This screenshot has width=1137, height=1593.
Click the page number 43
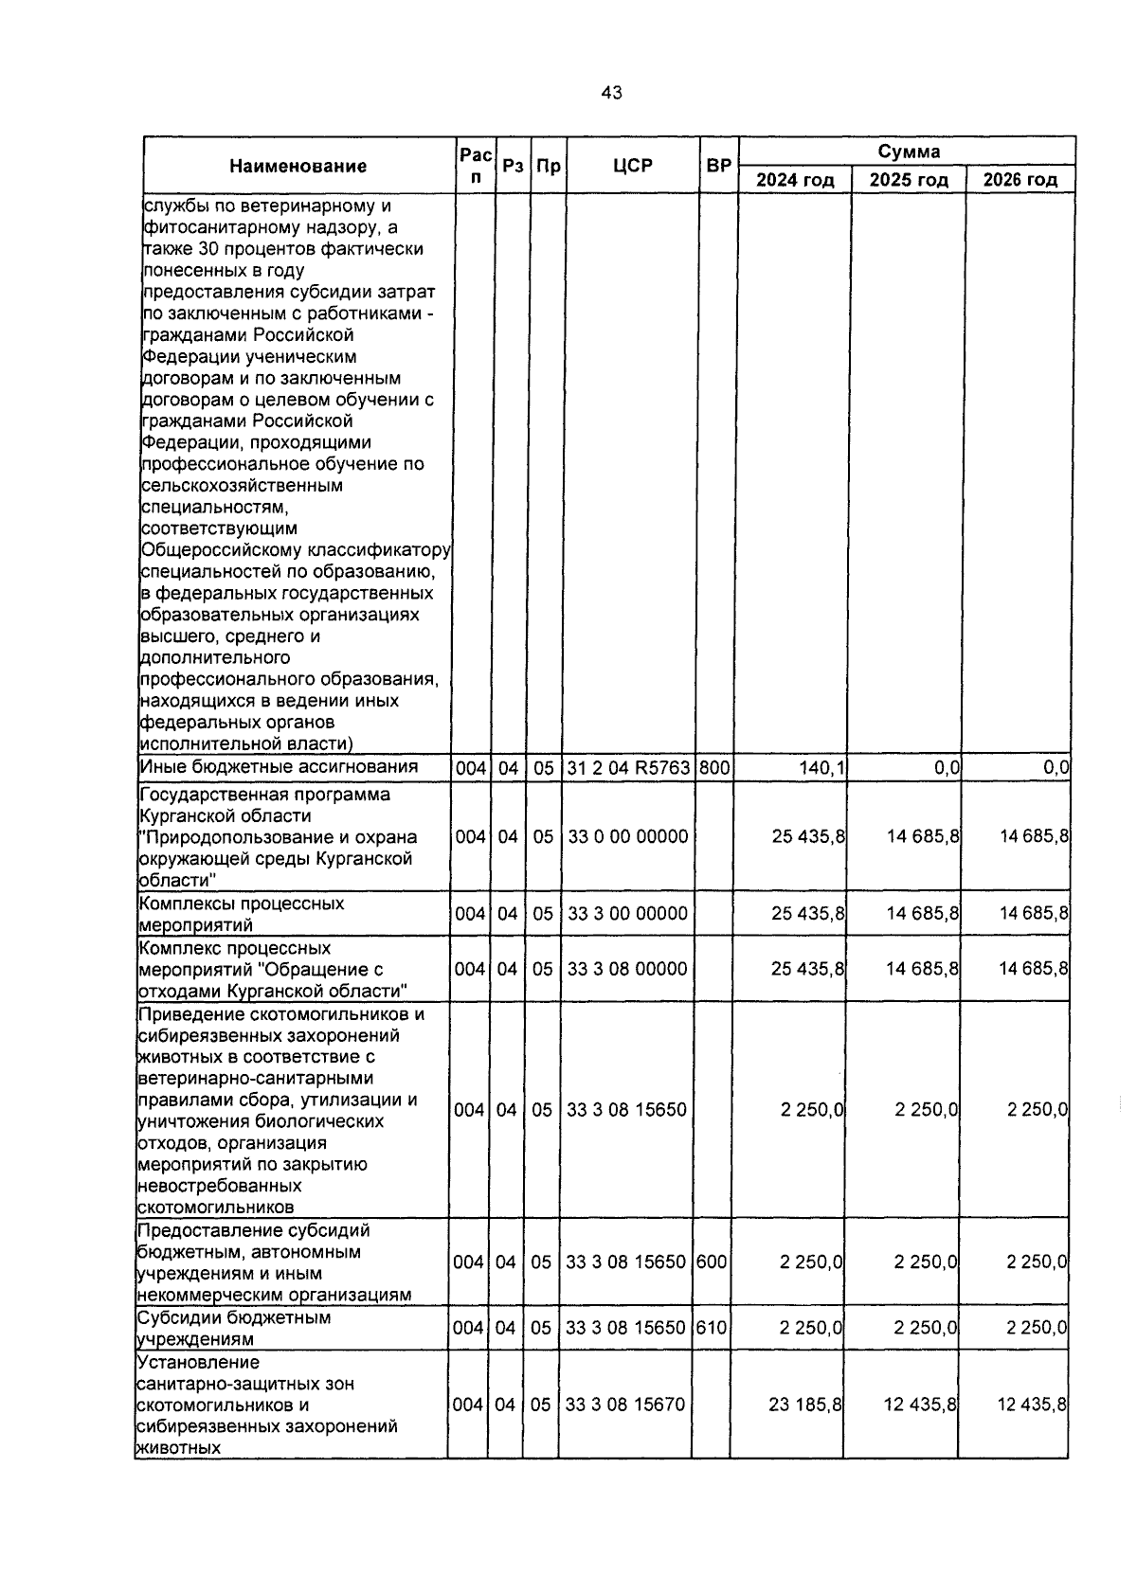(x=611, y=93)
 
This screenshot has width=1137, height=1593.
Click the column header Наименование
(x=298, y=167)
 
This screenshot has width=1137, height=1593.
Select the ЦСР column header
(x=632, y=166)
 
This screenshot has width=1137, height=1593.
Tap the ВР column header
(x=718, y=166)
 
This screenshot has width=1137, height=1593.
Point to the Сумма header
(x=908, y=152)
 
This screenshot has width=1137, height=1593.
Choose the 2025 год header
(x=908, y=180)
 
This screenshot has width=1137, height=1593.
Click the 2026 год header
(x=1020, y=180)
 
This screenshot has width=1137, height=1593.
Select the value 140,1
(x=822, y=769)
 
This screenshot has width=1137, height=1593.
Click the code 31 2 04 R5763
(x=629, y=769)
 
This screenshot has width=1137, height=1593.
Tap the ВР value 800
(x=714, y=769)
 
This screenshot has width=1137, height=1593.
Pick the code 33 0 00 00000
(x=627, y=837)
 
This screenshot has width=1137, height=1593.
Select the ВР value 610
(x=711, y=1328)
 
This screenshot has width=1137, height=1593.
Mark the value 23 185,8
(x=805, y=1405)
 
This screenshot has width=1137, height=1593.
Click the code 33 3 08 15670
(x=624, y=1405)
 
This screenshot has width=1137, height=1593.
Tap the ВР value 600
(x=711, y=1262)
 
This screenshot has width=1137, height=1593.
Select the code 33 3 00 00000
(x=627, y=914)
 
